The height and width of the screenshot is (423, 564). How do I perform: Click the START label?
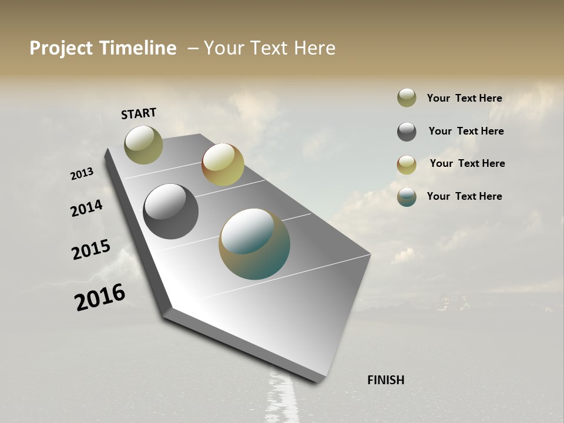point(139,113)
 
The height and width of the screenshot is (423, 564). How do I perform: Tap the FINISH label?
point(385,380)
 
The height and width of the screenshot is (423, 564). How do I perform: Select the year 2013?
point(82,174)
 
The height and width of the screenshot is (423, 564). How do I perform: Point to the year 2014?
point(86,209)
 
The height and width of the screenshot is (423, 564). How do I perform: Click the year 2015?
point(90,250)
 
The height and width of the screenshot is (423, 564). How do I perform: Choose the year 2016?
point(100,297)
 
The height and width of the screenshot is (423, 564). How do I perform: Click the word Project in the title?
point(60,48)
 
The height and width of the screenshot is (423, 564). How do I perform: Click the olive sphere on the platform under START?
point(143,145)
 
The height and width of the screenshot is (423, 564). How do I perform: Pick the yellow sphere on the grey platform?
point(223,164)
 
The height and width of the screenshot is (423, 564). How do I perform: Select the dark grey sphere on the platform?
point(170,211)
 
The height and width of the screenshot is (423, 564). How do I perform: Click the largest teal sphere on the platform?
point(254,244)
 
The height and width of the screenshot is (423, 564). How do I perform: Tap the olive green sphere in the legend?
point(407,98)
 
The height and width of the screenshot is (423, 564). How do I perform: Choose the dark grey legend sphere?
point(407,132)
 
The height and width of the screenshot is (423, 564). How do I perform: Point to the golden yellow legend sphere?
point(407,164)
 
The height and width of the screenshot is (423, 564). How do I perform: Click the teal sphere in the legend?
point(407,197)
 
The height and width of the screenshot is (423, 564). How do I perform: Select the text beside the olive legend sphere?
point(464,98)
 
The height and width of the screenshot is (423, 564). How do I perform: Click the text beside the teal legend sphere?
point(464,196)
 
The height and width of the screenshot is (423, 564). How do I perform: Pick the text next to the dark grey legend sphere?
point(466,131)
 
